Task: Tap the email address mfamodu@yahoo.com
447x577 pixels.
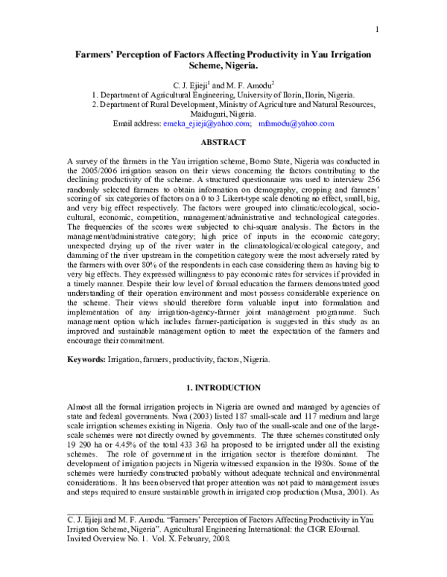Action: [299, 124]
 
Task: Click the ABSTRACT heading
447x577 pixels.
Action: [223, 141]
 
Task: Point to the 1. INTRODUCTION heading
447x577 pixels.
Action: [223, 387]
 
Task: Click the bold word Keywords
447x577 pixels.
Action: [86, 358]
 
